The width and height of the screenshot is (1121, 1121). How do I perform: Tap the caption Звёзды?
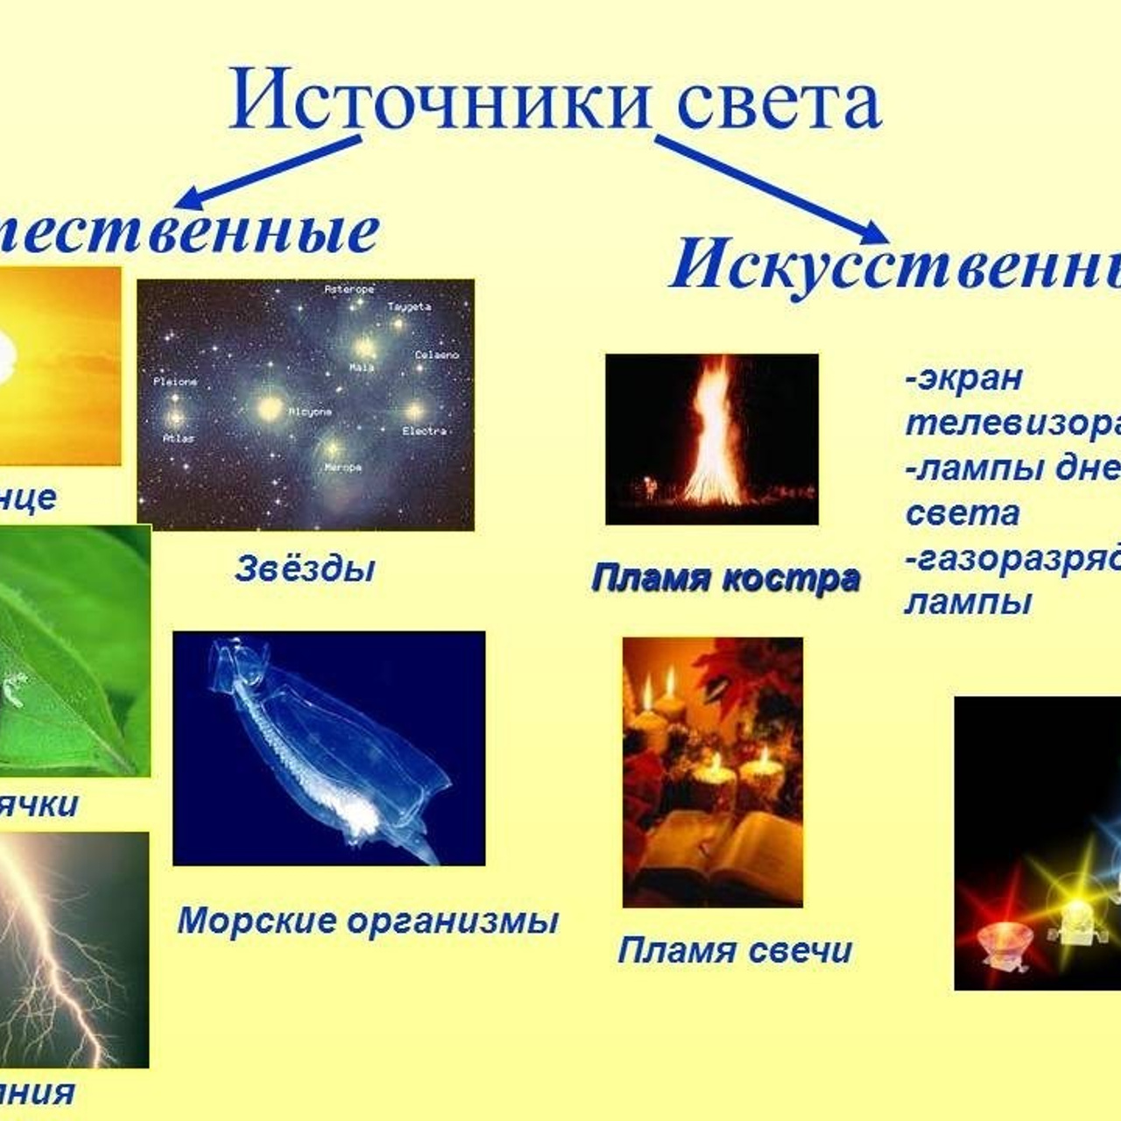[305, 569]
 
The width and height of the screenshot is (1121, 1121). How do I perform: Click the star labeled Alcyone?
[271, 408]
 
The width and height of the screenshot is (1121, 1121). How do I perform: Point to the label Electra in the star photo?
[424, 431]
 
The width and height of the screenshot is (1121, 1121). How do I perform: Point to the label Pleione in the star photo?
[175, 382]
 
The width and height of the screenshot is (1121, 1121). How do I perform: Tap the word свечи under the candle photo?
[806, 950]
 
